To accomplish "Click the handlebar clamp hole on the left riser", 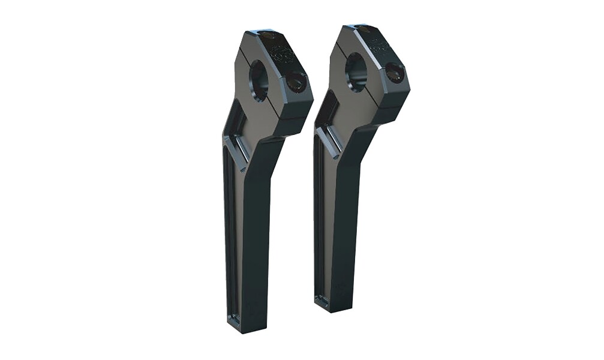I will point(259,80).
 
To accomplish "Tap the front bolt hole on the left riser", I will point(295,81).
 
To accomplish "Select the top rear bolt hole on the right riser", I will point(364,28).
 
